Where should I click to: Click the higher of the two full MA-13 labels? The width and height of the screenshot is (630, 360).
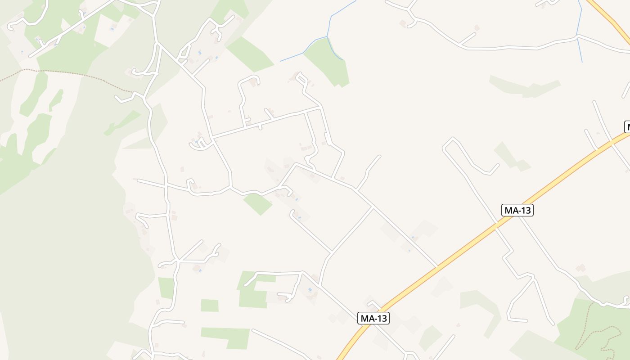pos(517,210)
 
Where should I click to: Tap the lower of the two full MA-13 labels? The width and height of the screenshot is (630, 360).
pos(373,318)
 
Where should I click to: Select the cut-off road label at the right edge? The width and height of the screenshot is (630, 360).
pos(627,127)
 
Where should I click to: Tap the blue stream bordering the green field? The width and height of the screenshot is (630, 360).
pos(335,49)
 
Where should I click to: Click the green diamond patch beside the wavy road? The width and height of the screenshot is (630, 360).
pos(258,204)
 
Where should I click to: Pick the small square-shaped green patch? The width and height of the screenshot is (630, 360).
pos(209,306)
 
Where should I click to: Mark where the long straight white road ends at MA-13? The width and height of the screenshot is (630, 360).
pos(436,267)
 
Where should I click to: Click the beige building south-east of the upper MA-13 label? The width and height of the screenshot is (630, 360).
pos(580,268)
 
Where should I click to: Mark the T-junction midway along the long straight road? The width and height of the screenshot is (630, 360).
pos(373,208)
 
